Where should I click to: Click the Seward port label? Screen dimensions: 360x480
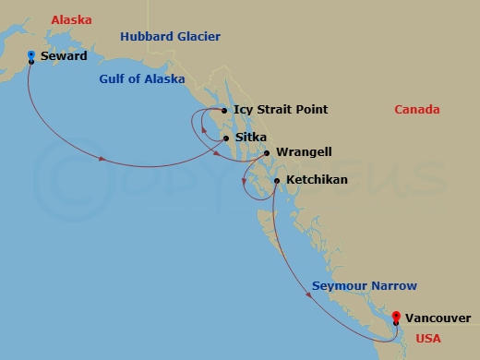click(x=64, y=56)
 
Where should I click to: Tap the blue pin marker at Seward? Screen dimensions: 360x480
click(x=31, y=56)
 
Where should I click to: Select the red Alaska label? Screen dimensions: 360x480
click(x=71, y=19)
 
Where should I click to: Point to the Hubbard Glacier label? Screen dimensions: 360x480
click(x=169, y=36)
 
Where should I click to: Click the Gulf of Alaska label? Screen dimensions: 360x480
click(x=142, y=79)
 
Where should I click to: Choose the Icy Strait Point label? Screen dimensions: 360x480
click(x=281, y=110)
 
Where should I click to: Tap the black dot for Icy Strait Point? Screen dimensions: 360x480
click(x=223, y=110)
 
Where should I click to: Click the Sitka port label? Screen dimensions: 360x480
click(x=251, y=138)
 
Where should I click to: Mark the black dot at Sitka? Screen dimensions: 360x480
click(x=226, y=138)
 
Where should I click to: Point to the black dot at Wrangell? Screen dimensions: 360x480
click(x=267, y=152)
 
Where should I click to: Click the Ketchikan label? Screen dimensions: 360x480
click(x=317, y=179)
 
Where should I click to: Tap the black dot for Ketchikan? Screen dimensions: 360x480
click(x=277, y=180)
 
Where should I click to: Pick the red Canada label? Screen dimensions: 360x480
click(x=417, y=110)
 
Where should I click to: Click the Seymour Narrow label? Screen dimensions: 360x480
click(x=364, y=286)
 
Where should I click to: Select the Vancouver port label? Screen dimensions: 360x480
click(x=438, y=318)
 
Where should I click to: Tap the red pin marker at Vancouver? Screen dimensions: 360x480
click(x=396, y=317)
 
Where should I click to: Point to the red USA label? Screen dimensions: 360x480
click(x=428, y=339)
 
